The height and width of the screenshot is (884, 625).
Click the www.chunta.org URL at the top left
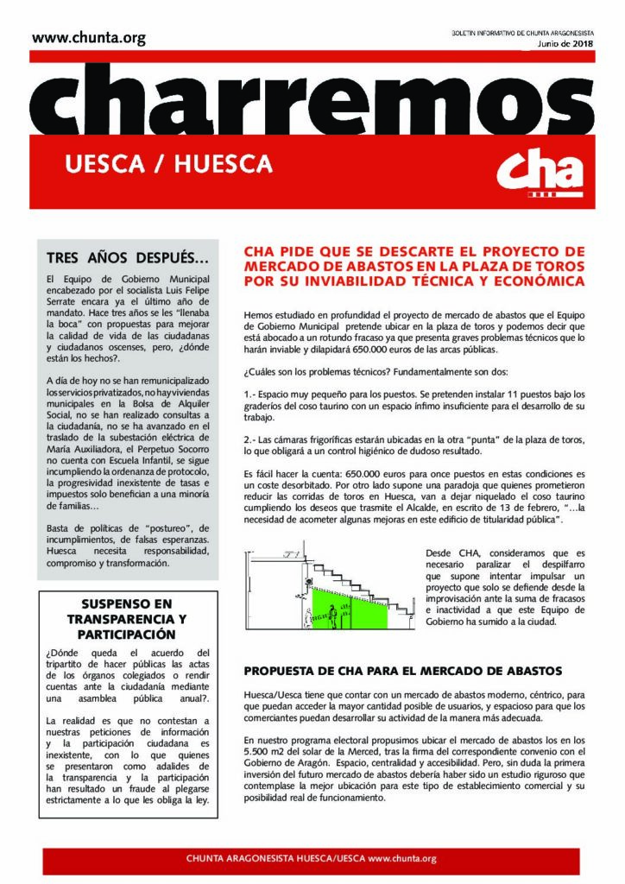point(89,39)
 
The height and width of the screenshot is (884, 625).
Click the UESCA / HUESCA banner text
point(168,163)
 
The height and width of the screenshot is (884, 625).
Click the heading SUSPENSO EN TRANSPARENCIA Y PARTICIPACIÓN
point(127,619)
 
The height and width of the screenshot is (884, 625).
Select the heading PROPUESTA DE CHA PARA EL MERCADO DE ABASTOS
point(403,670)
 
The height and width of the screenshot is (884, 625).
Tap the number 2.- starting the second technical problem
point(252,440)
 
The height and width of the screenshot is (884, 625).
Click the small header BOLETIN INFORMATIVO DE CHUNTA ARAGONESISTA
point(528,32)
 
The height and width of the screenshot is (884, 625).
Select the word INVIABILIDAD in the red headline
point(349,281)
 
